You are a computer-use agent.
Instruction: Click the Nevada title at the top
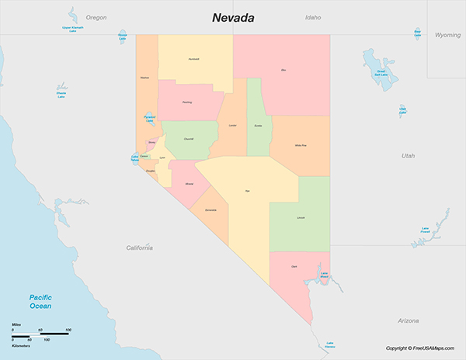pyautogui.click(x=234, y=17)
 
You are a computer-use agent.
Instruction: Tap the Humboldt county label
pyautogui.click(x=193, y=59)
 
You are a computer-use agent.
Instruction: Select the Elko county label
pyautogui.click(x=283, y=71)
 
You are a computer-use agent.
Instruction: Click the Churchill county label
pyautogui.click(x=189, y=138)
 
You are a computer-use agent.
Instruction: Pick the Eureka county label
pyautogui.click(x=258, y=125)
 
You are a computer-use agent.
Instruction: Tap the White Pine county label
pyautogui.click(x=300, y=145)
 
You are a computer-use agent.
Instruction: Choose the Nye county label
pyautogui.click(x=248, y=190)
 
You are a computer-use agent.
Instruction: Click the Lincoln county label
pyautogui.click(x=301, y=218)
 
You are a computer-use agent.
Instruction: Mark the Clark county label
pyautogui.click(x=294, y=266)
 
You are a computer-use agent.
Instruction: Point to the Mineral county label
pyautogui.click(x=189, y=184)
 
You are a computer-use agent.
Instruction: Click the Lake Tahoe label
pyautogui.click(x=134, y=158)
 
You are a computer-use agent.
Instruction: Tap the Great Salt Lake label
pyautogui.click(x=381, y=73)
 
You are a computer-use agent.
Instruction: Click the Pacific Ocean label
pyautogui.click(x=40, y=302)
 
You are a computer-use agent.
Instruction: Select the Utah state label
pyautogui.click(x=408, y=156)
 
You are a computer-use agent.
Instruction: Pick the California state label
pyautogui.click(x=140, y=247)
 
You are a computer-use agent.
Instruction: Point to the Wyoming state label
pyautogui.click(x=447, y=35)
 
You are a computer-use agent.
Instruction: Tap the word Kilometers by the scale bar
pyautogui.click(x=22, y=346)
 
